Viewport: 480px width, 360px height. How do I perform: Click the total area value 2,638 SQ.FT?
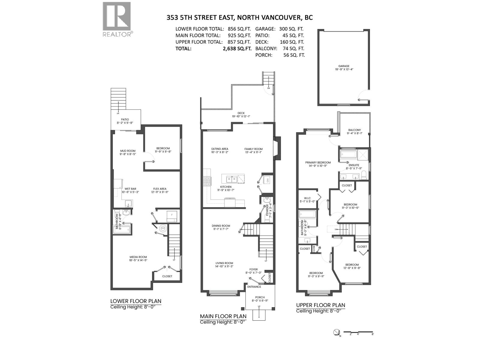(237, 49)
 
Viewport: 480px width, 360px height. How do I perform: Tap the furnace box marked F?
(172, 215)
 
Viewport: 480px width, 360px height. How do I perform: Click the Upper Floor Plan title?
(320, 305)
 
